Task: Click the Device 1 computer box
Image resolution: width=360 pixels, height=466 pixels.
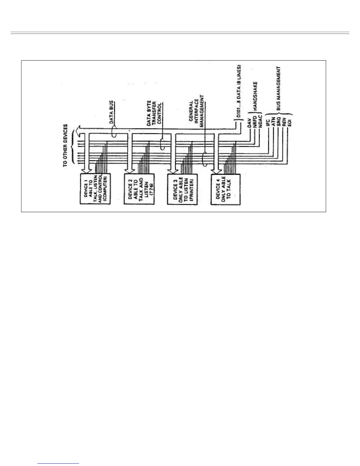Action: [x=95, y=189]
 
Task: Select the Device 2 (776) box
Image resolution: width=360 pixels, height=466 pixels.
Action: [x=138, y=189]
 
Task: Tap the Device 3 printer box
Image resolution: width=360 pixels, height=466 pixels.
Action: [x=181, y=189]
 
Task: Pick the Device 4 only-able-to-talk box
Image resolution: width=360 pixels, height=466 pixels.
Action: [x=226, y=189]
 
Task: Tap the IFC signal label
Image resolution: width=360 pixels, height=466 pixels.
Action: [x=268, y=122]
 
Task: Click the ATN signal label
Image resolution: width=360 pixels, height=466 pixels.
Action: [x=273, y=122]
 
